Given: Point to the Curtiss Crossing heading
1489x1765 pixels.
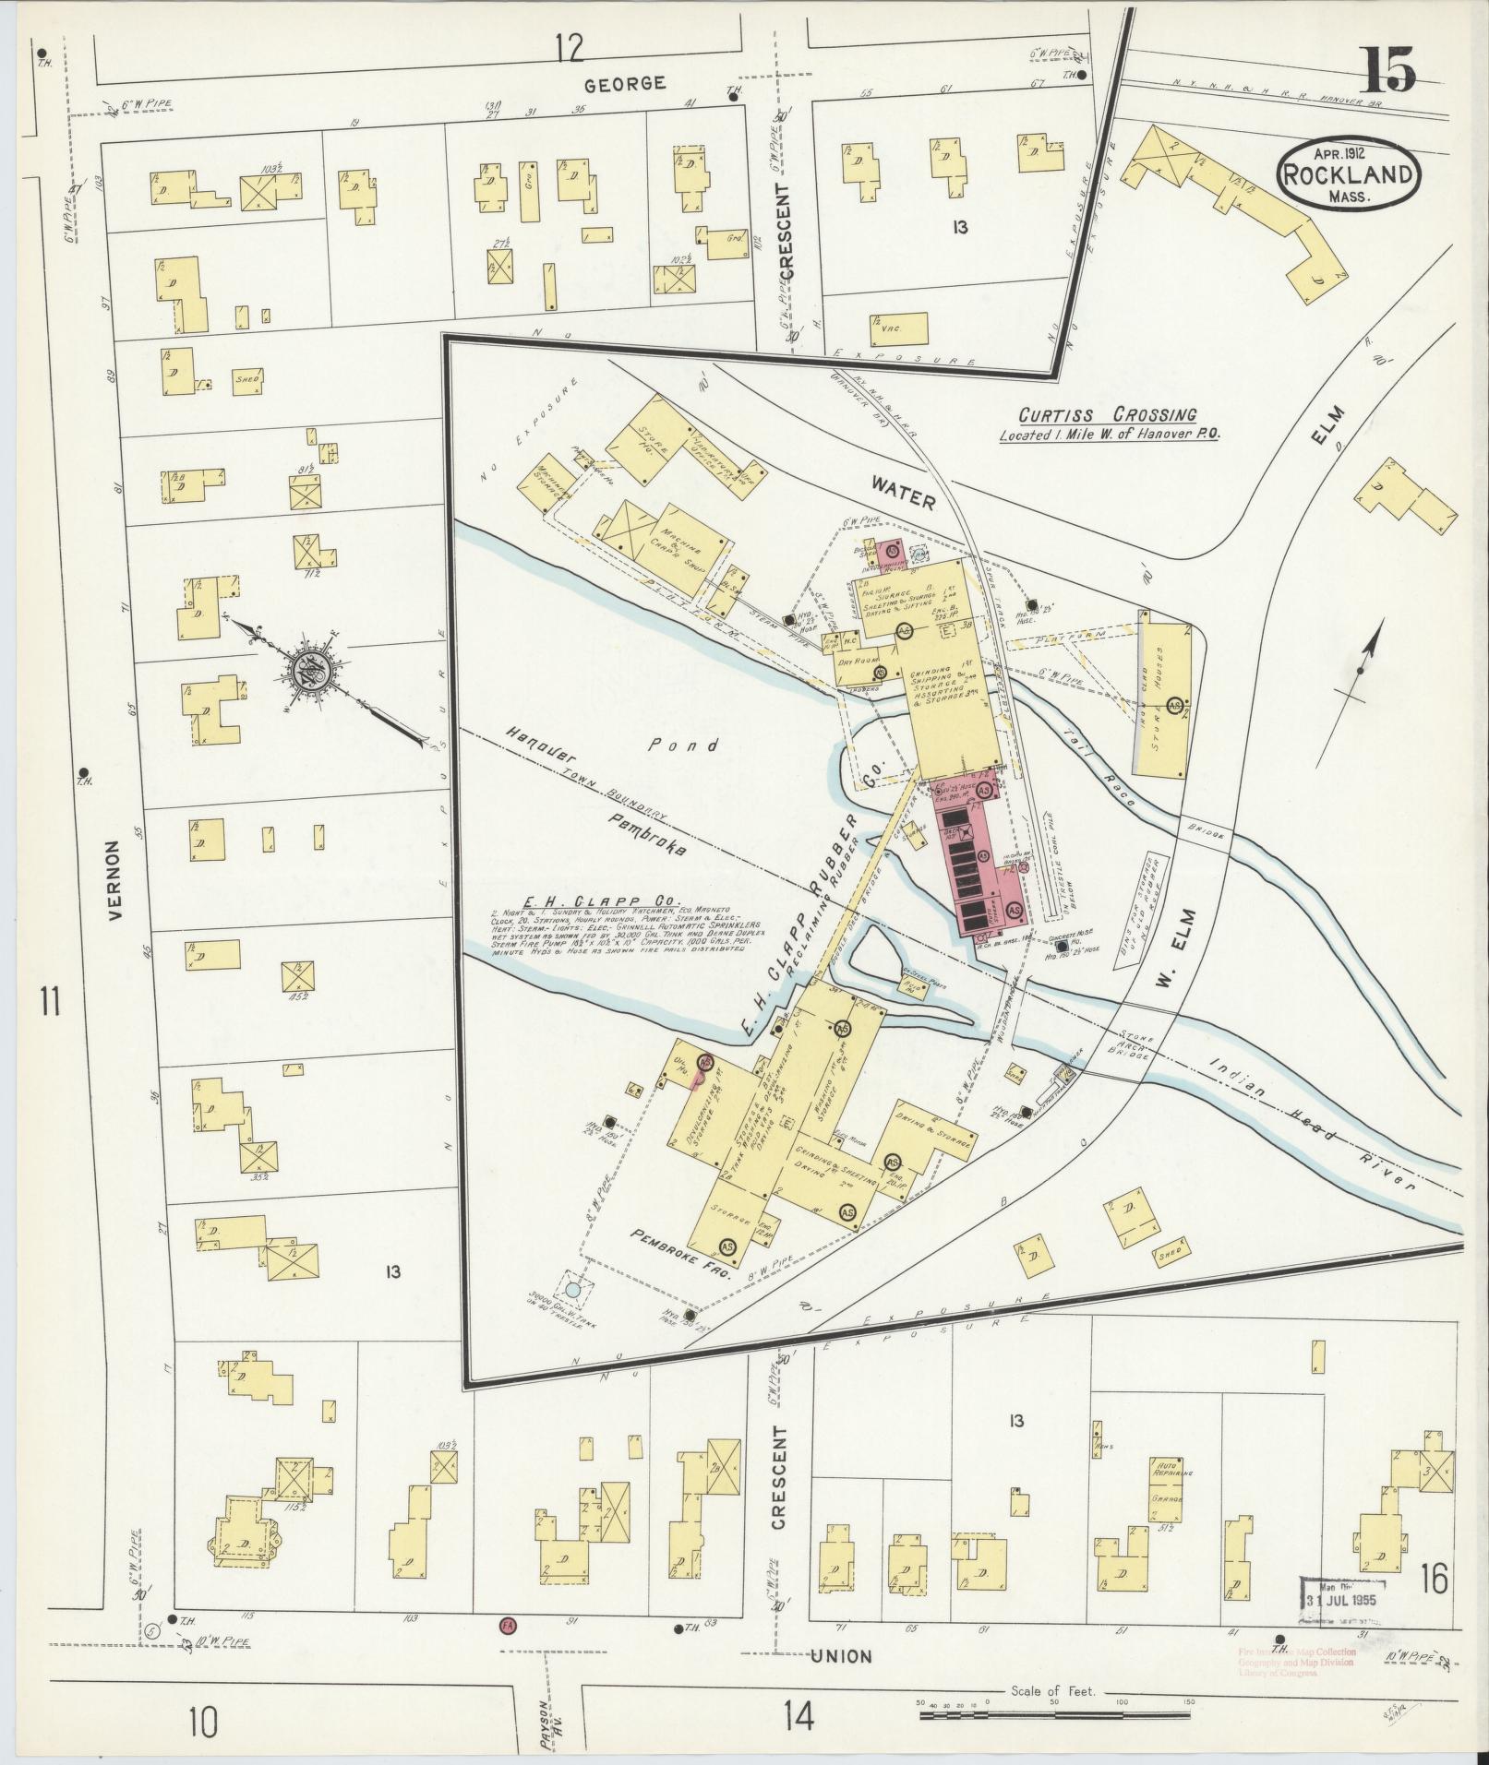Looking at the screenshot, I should pyautogui.click(x=1108, y=415).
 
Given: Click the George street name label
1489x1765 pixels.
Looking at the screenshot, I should pyautogui.click(x=625, y=84).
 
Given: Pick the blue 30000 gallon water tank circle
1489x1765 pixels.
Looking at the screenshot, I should pyautogui.click(x=573, y=1292).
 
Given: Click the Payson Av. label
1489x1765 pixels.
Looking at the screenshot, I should pyautogui.click(x=547, y=1722).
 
